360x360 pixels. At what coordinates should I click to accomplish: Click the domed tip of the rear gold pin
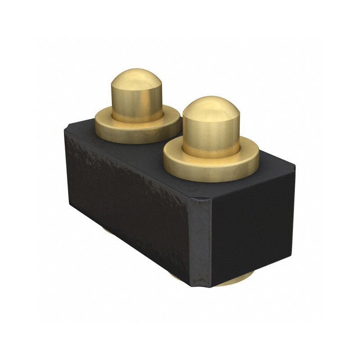pyautogui.click(x=136, y=79)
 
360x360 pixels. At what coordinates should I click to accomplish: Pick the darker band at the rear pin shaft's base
pyautogui.click(x=136, y=118)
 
